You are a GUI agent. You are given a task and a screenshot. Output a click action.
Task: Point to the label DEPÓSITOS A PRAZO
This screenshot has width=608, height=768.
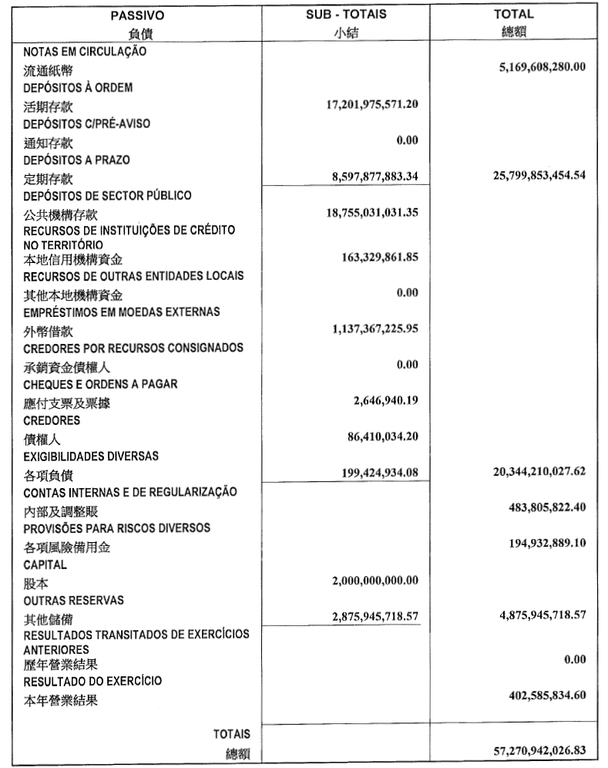click(76, 160)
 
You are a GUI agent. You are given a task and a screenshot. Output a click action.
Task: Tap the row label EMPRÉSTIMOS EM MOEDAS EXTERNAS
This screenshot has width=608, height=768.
click(122, 312)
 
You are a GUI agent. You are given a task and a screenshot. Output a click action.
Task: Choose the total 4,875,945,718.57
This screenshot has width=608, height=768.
click(535, 615)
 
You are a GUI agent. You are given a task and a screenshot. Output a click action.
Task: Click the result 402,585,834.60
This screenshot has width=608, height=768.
click(538, 695)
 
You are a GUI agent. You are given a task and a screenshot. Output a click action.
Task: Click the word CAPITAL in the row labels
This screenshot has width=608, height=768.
click(45, 564)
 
